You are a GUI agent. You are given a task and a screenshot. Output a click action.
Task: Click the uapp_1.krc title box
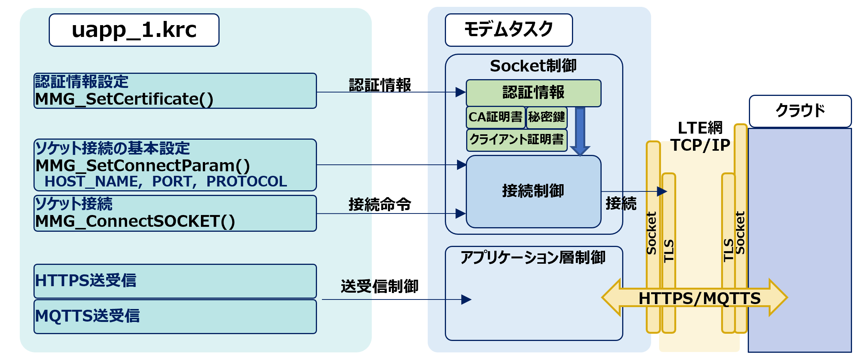pos(134,30)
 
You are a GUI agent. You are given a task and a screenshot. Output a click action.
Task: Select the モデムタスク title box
pos(508,30)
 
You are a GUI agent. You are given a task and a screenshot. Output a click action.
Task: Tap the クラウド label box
pos(800,111)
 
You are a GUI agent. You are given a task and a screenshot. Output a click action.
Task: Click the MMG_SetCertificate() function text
pos(124,99)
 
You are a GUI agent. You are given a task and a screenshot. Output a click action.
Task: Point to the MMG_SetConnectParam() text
pos(143,166)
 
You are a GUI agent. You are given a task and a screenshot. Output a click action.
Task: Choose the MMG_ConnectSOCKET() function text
pos(135,221)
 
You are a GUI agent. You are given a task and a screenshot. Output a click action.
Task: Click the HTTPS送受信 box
pos(175,281)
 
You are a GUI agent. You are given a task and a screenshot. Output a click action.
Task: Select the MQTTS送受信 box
pos(175,316)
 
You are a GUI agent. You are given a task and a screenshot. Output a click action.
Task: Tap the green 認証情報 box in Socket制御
pos(533,93)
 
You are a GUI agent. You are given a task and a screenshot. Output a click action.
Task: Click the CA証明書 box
pos(495,117)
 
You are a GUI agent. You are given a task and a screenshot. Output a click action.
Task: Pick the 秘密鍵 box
pos(546,117)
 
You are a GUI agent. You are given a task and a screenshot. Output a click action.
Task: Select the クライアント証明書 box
pos(516,140)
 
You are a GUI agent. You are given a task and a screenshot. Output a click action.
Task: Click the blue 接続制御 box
pos(533,191)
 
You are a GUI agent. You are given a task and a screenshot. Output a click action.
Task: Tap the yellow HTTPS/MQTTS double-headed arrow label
pos(699,298)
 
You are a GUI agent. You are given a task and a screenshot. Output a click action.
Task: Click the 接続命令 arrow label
pos(380,204)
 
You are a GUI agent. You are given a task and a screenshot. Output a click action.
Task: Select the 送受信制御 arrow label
pos(379,286)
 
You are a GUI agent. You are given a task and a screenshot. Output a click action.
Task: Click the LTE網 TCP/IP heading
pos(700,136)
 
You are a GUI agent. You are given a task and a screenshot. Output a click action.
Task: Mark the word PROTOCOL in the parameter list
pos(247,182)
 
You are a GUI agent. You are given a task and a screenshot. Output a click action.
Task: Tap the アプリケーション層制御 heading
pos(533,258)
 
